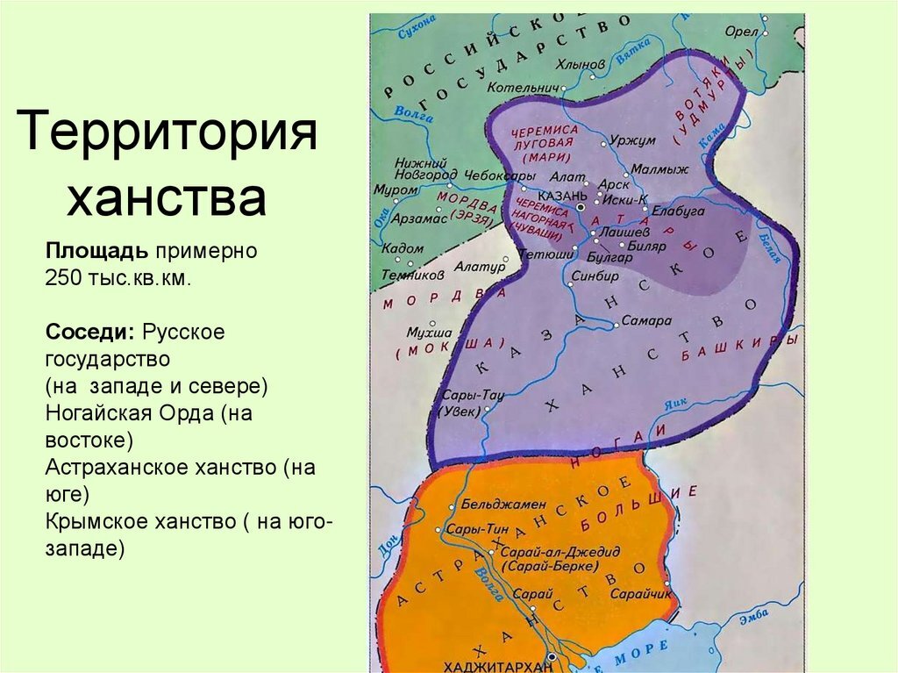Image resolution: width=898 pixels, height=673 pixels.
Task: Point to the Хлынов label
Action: (581, 64)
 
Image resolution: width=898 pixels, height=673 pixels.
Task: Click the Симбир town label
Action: (595, 275)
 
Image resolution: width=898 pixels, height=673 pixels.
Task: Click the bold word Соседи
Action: (89, 334)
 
